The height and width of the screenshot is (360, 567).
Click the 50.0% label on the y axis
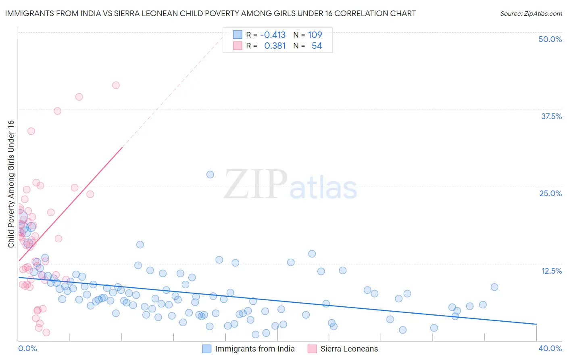tap(550, 39)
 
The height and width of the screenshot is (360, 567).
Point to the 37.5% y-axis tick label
tap(551, 116)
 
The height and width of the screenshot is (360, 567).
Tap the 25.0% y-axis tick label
tap(550, 193)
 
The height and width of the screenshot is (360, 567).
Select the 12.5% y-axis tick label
tap(551, 271)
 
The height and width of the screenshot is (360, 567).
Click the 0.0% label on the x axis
tap(27, 348)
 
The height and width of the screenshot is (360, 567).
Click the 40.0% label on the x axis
tap(550, 348)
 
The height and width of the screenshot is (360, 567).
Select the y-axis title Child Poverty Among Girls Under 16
tap(11, 184)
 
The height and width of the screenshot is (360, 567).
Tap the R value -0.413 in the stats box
tap(273, 35)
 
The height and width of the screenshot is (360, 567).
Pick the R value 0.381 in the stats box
tap(275, 46)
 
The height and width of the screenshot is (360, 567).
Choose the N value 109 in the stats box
tap(315, 35)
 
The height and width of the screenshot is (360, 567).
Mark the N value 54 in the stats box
tap(317, 46)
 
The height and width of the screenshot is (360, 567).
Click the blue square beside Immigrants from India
tap(207, 349)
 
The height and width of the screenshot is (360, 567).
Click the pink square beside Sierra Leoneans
tap(312, 349)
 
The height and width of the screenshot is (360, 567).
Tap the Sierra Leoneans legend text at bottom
tap(349, 349)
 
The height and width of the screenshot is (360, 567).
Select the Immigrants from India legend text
tap(255, 349)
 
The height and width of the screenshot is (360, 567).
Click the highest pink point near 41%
tap(116, 85)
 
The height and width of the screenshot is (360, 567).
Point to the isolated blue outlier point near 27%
tap(210, 174)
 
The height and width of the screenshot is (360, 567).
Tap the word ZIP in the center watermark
tap(256, 184)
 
